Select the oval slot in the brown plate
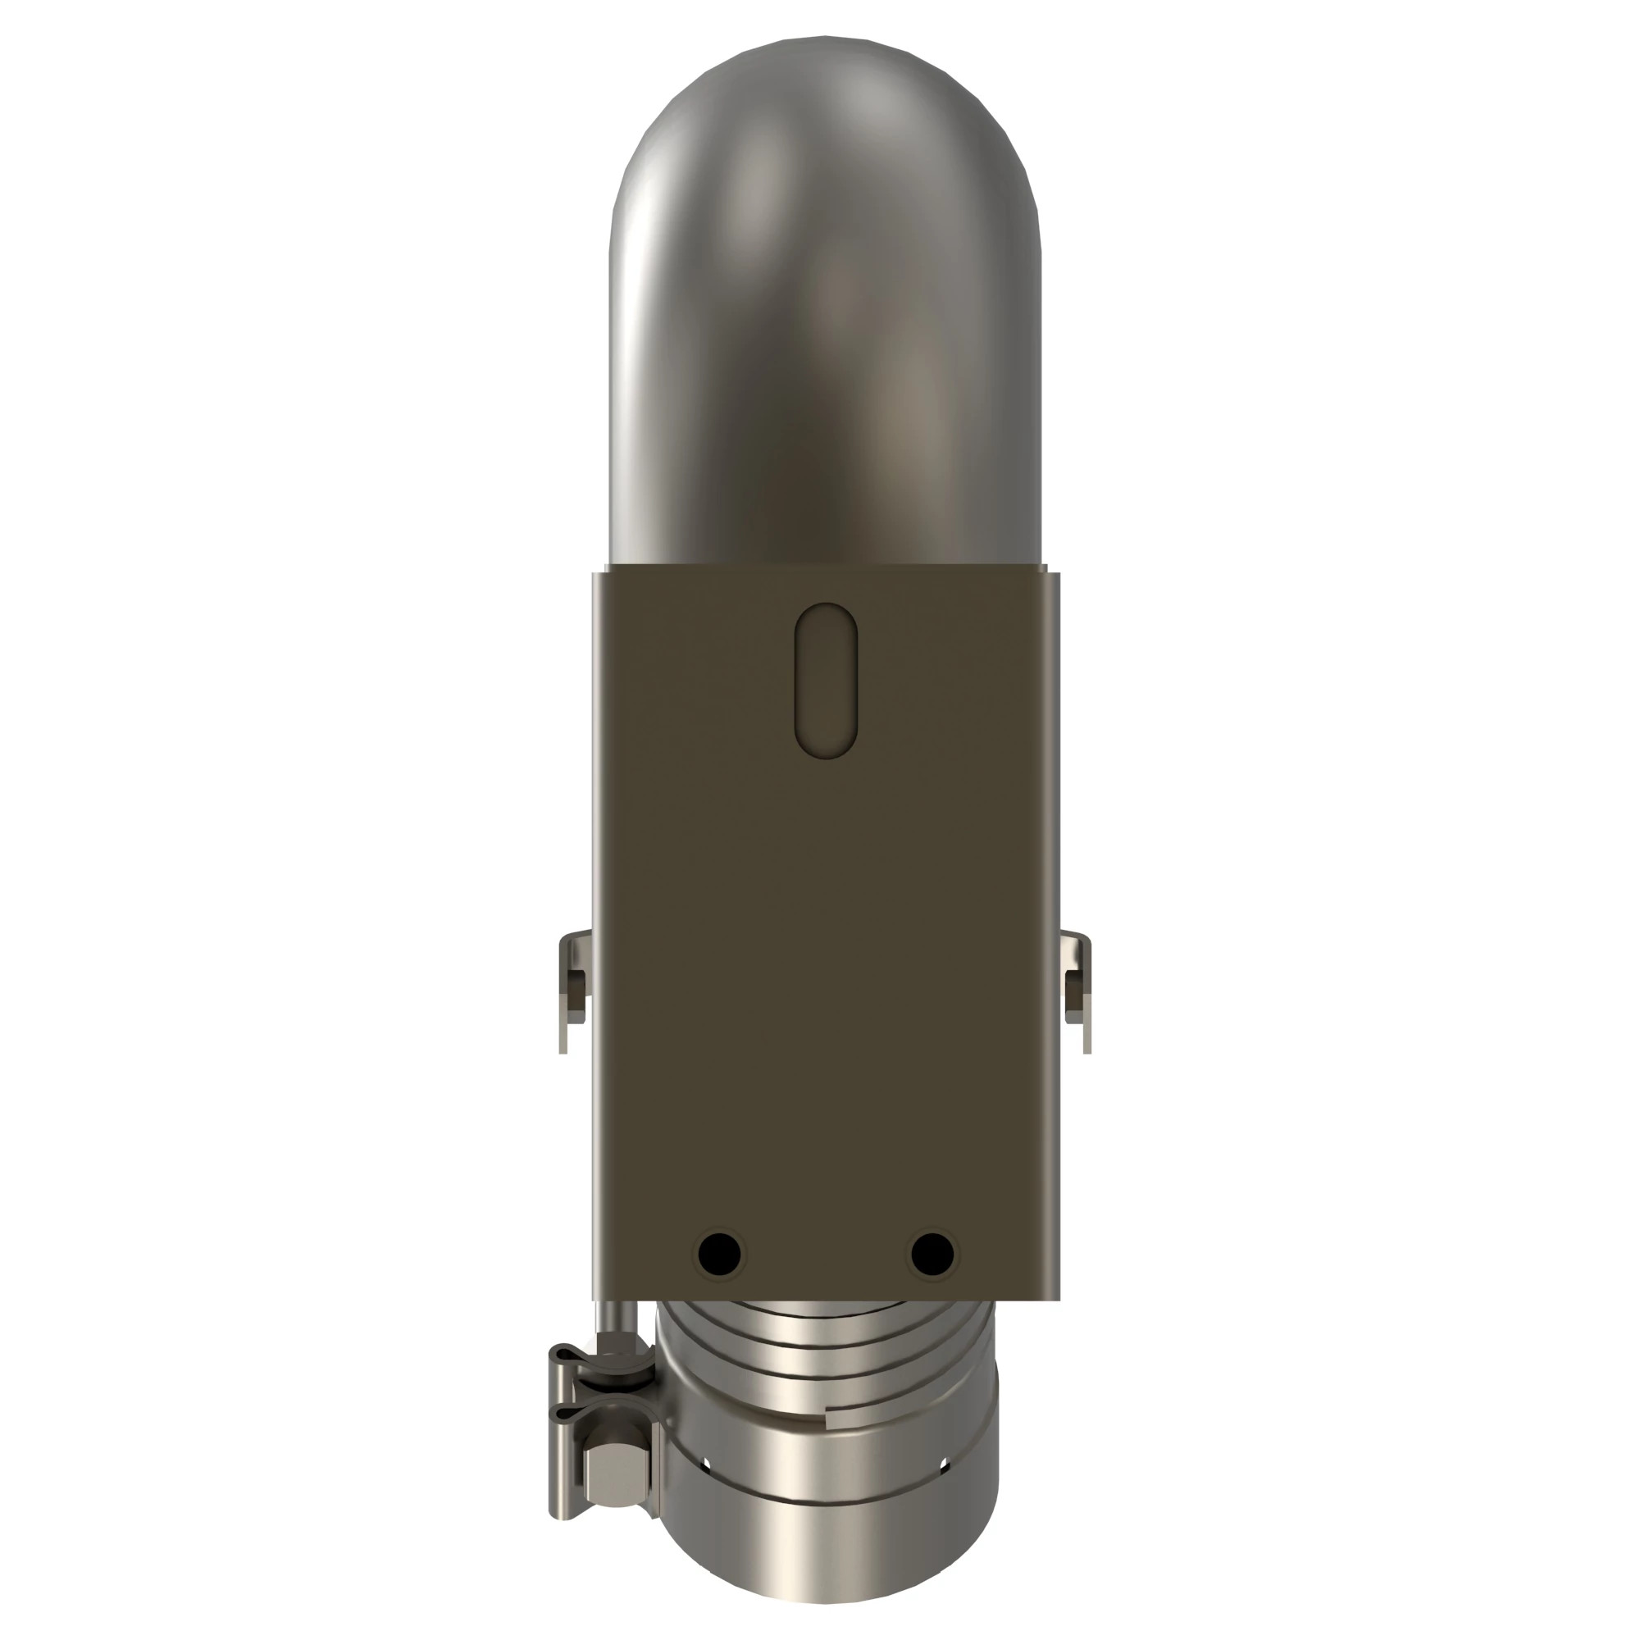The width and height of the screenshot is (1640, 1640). click(x=826, y=679)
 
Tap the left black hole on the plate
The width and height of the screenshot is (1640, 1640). click(x=718, y=1253)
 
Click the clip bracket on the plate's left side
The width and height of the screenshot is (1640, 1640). click(x=574, y=990)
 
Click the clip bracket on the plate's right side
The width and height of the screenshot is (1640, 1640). click(x=1077, y=990)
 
